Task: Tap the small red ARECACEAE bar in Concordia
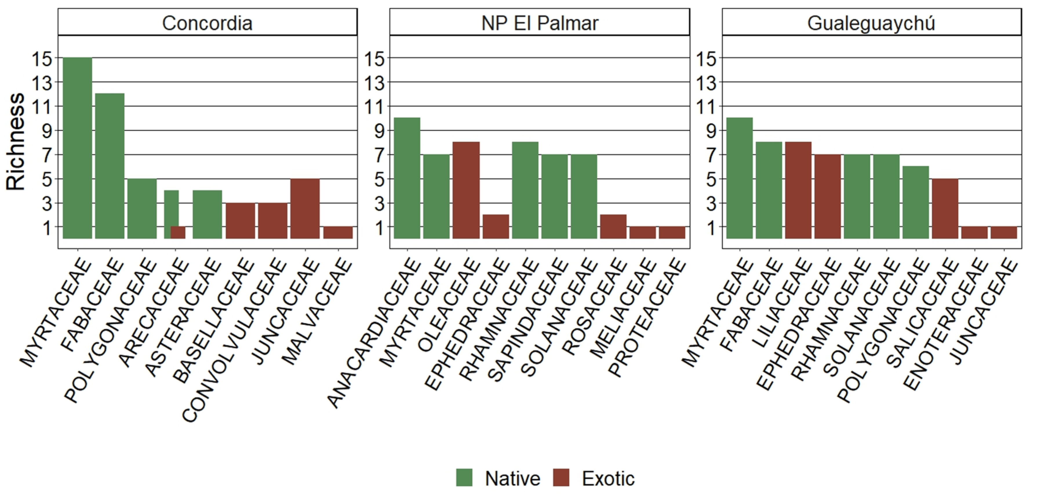click(x=178, y=233)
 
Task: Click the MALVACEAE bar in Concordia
click(x=338, y=233)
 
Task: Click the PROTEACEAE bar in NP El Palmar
click(x=672, y=233)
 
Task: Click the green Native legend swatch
click(x=464, y=478)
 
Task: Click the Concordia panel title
click(x=207, y=23)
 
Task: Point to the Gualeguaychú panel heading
click(x=871, y=23)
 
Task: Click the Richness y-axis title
click(x=16, y=142)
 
